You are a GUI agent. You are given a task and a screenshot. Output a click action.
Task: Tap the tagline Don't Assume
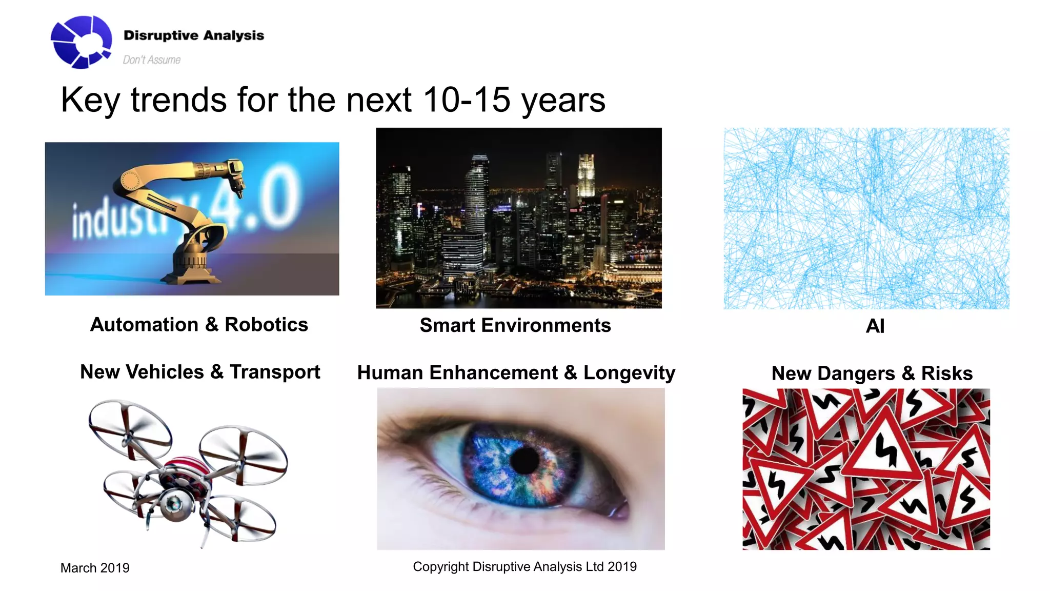(x=151, y=60)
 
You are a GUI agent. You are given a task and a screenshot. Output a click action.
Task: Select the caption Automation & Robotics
(x=199, y=325)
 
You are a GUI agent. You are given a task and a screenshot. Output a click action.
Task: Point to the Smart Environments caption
(x=515, y=325)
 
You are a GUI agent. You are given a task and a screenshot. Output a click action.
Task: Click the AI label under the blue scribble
(x=875, y=326)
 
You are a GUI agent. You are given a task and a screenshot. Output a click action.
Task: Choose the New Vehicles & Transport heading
(x=200, y=372)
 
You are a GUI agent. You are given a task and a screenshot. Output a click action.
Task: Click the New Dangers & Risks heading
(x=872, y=373)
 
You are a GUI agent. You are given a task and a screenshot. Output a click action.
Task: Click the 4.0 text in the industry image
(x=256, y=200)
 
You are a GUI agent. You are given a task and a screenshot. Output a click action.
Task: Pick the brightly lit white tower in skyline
(x=585, y=174)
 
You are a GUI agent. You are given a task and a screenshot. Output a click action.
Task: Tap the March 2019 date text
(x=95, y=568)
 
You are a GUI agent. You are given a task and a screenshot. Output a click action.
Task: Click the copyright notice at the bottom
(x=524, y=566)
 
